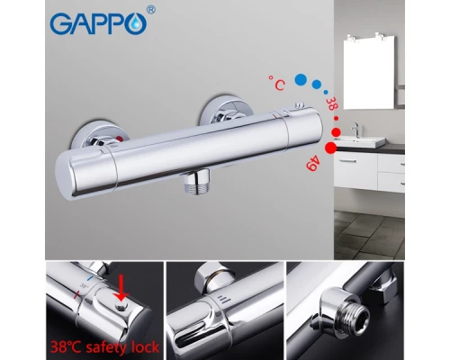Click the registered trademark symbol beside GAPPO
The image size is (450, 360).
[x=152, y=11]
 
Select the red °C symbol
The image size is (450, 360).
[x=277, y=83]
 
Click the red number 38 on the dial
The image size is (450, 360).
[x=330, y=103]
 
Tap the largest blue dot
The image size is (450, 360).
[x=301, y=79]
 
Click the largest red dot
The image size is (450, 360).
[x=331, y=148]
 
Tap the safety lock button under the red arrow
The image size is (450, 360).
[x=121, y=306]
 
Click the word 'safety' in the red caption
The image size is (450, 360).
[x=103, y=347]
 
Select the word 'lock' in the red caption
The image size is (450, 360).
[x=142, y=346]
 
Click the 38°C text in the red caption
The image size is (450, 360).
[x=67, y=347]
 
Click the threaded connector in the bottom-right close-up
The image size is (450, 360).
[x=355, y=319]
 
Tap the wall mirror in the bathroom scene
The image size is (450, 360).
[x=369, y=73]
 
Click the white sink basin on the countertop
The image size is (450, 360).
[x=360, y=141]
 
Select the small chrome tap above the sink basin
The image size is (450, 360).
[x=356, y=129]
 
